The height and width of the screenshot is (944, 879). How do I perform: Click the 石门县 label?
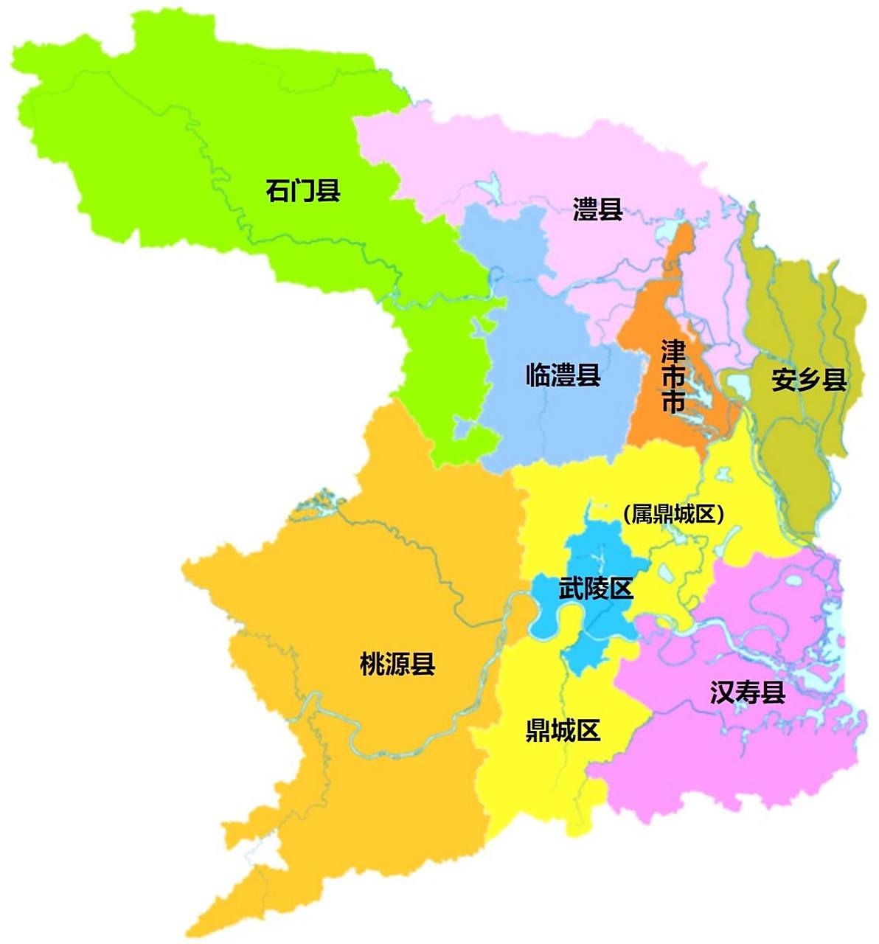click(x=303, y=191)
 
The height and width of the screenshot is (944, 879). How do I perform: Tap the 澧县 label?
click(x=598, y=209)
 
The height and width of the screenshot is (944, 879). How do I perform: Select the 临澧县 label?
click(x=563, y=375)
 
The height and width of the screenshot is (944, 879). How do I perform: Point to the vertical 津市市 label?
click(x=673, y=376)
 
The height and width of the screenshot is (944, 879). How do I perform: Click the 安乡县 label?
click(x=808, y=380)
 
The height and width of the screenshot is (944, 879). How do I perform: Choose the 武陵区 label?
click(x=596, y=589)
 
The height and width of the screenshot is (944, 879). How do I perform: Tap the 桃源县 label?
click(x=397, y=664)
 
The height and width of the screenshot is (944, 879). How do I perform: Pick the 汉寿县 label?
click(x=747, y=693)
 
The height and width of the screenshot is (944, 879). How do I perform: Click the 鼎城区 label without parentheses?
click(x=563, y=731)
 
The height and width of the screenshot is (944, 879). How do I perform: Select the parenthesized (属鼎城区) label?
click(x=673, y=514)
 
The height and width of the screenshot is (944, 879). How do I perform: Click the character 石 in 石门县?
click(x=278, y=191)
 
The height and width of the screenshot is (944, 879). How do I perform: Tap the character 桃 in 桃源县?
click(x=372, y=664)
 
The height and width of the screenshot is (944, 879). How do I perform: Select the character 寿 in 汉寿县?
click(x=747, y=693)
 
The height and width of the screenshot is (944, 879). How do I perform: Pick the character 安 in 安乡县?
click(x=783, y=380)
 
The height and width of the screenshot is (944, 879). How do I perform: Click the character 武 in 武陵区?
click(x=571, y=589)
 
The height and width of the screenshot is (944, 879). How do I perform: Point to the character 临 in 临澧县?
click(x=538, y=375)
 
